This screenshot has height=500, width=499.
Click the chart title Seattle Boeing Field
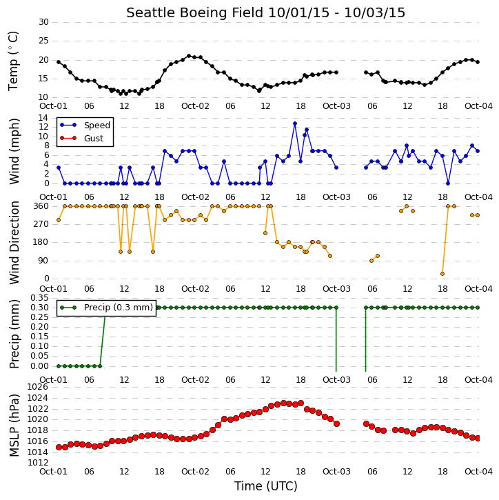[194, 12]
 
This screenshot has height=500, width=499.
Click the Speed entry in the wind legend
[97, 126]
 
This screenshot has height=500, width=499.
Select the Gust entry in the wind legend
[94, 139]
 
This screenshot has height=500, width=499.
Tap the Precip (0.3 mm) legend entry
[119, 308]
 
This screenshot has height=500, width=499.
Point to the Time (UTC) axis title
[266, 486]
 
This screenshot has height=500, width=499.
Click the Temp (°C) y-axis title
[13, 61]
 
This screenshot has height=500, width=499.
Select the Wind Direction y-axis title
[14, 243]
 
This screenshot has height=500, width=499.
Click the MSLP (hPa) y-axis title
[14, 426]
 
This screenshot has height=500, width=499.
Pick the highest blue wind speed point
[295, 123]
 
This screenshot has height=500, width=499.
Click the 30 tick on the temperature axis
[43, 22]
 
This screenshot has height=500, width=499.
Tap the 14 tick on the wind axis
[43, 118]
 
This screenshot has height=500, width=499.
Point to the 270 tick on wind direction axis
[41, 224]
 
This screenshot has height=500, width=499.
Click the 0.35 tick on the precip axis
[39, 298]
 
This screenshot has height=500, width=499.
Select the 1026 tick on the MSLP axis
[38, 387]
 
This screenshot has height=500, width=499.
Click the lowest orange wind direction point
[442, 274]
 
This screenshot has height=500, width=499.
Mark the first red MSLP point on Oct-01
[59, 447]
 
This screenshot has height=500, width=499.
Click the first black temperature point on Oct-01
[59, 62]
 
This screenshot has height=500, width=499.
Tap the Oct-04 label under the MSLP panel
[478, 471]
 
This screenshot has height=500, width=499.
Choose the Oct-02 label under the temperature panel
[195, 106]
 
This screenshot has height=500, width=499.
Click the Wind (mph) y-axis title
[14, 151]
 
